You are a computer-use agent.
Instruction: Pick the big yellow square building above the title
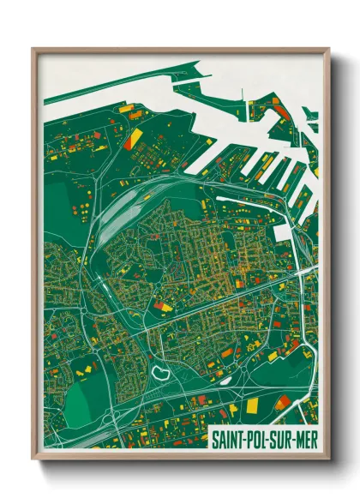tap(253, 404)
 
